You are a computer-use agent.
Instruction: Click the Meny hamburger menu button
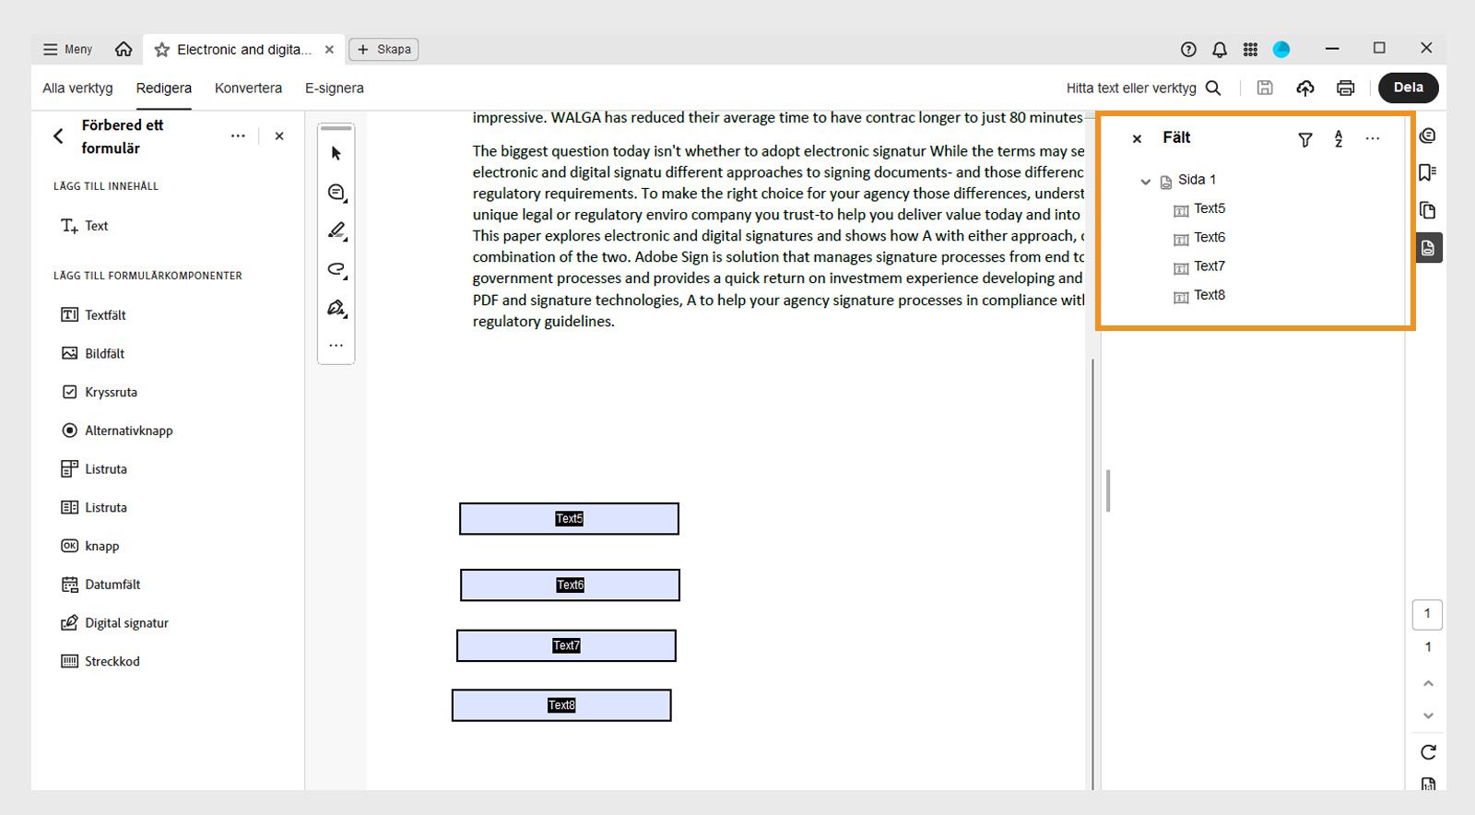point(67,50)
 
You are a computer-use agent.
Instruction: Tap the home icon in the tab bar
point(124,50)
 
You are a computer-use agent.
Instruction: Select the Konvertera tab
point(248,89)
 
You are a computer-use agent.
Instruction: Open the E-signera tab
point(334,89)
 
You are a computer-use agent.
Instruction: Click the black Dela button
point(1408,88)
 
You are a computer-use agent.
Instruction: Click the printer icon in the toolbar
point(1345,89)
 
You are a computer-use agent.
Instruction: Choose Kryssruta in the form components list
point(111,393)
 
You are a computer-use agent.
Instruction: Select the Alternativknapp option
point(128,431)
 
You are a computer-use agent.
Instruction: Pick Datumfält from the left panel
point(112,585)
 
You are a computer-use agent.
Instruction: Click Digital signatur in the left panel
point(126,623)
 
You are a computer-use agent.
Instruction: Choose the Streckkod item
point(112,662)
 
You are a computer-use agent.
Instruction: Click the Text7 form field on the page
point(566,646)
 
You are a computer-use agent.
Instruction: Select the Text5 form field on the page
point(569,519)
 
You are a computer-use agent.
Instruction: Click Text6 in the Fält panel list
point(1209,238)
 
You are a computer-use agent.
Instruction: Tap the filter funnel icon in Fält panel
point(1304,140)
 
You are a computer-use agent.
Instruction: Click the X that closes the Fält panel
point(1137,139)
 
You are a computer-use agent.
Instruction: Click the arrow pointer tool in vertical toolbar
point(336,154)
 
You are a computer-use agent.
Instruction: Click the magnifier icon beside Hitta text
point(1213,89)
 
